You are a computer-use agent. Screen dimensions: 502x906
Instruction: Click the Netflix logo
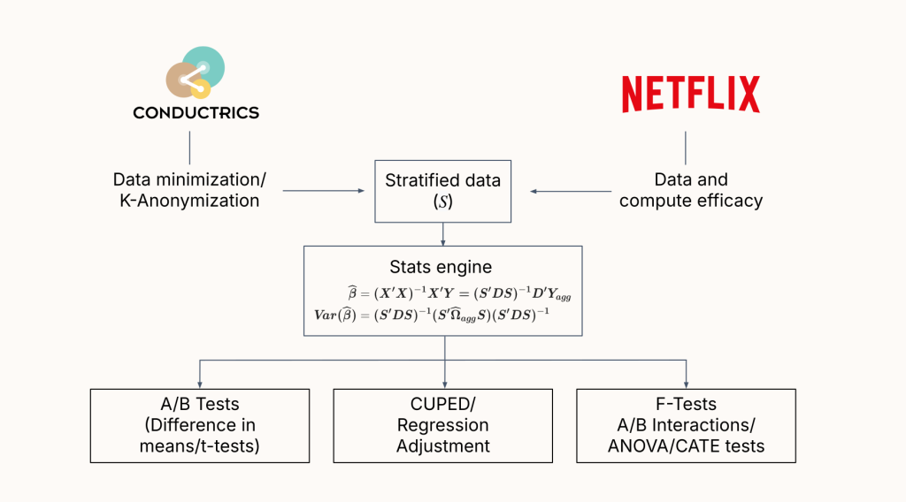tap(690, 95)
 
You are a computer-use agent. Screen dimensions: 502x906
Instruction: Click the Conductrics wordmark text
tap(196, 113)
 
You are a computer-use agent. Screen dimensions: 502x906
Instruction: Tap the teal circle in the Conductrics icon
tap(205, 65)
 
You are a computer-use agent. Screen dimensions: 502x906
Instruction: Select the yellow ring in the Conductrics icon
tap(201, 87)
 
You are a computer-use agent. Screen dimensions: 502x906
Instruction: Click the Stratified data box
tap(442, 191)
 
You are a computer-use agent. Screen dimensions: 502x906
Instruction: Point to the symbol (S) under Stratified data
tap(442, 202)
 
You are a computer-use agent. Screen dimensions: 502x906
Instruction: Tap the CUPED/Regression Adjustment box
tap(442, 425)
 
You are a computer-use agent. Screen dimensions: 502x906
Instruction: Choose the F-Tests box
tap(686, 425)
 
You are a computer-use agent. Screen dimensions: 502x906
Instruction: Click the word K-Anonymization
tap(189, 201)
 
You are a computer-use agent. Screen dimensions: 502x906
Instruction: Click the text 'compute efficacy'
tap(690, 201)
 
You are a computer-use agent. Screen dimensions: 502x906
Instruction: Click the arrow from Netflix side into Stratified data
tap(570, 190)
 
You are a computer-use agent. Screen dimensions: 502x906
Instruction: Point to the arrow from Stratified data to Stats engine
tap(443, 232)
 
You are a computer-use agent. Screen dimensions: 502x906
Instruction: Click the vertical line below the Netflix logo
tap(686, 147)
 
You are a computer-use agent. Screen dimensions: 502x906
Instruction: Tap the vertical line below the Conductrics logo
tap(189, 147)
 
